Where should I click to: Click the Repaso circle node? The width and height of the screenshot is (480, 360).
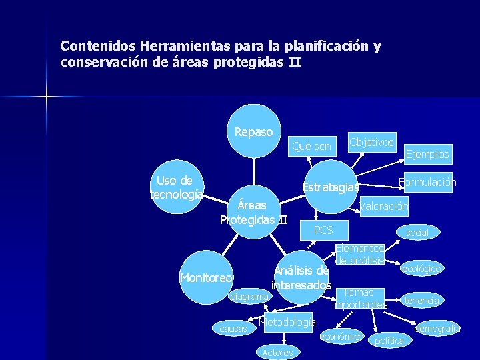click(253, 132)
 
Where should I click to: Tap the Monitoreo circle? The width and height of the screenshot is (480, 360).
click(206, 277)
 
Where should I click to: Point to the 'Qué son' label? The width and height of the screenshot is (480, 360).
click(311, 146)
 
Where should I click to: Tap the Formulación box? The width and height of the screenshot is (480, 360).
click(427, 182)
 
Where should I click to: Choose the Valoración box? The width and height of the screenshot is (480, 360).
click(384, 206)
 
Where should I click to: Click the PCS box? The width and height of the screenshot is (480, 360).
click(323, 230)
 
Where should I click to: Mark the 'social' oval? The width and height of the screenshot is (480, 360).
click(417, 233)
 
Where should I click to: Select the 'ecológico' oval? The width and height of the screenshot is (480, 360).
click(421, 269)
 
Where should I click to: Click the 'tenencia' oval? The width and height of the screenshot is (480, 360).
click(421, 301)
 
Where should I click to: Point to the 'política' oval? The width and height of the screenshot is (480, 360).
click(389, 341)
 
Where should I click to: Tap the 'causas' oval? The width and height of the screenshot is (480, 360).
click(233, 329)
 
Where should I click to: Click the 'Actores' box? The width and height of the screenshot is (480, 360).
click(278, 352)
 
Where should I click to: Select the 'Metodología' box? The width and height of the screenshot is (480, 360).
click(287, 323)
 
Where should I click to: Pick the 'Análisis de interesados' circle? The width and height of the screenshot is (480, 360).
click(301, 277)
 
